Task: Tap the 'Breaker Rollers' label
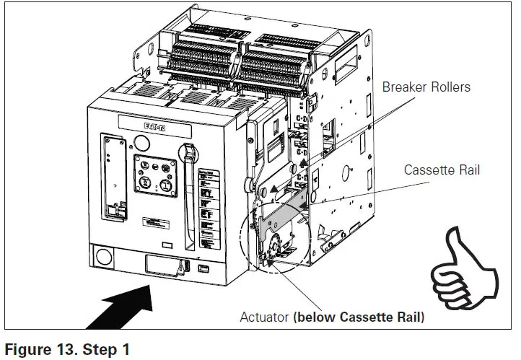pyautogui.click(x=426, y=87)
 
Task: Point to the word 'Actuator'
pyautogui.click(x=265, y=317)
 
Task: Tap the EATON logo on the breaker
pyautogui.click(x=154, y=127)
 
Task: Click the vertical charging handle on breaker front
pyautogui.click(x=192, y=188)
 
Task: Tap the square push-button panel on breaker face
pyautogui.click(x=155, y=175)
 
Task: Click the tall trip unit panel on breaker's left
pyautogui.click(x=111, y=177)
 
